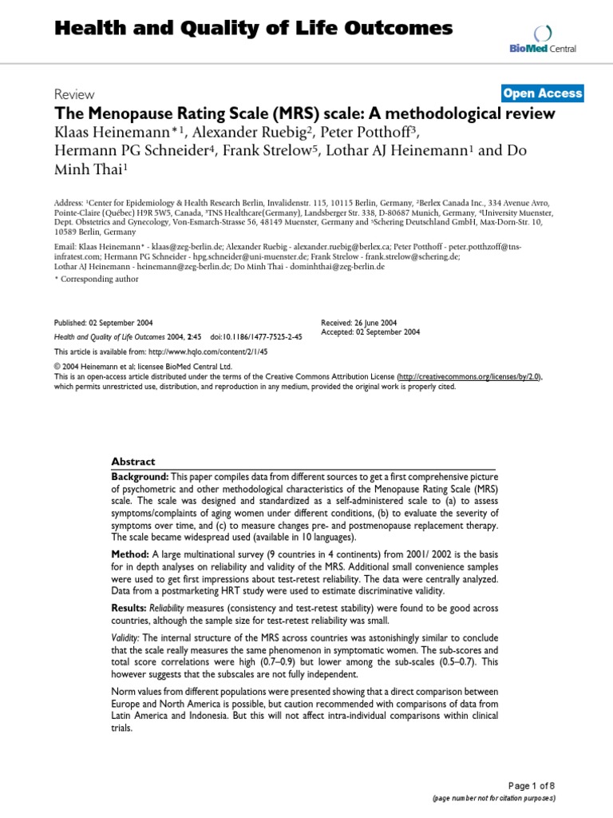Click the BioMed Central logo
544,39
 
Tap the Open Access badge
543,93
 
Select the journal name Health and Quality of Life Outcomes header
253,30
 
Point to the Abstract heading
133,462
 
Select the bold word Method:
129,554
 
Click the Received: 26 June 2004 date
360,323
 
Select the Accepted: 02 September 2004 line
370,332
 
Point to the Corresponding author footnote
97,279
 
